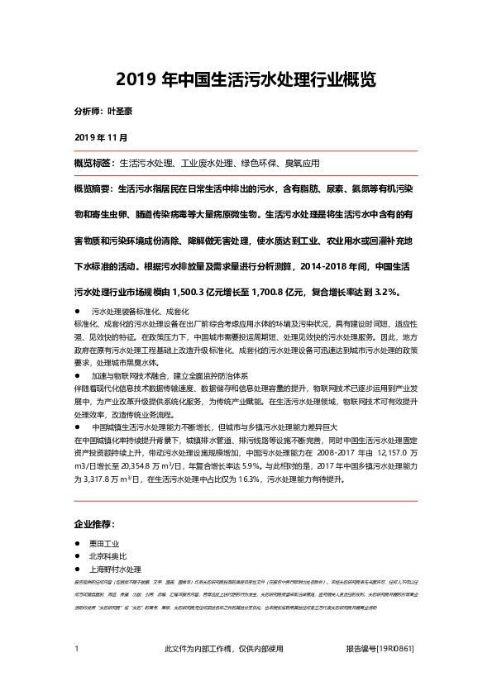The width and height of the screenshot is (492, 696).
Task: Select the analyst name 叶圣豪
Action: [122, 109]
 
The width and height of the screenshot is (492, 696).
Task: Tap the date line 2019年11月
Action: [101, 136]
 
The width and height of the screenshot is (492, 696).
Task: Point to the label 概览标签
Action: [94, 164]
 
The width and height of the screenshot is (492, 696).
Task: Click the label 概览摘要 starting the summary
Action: [94, 189]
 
